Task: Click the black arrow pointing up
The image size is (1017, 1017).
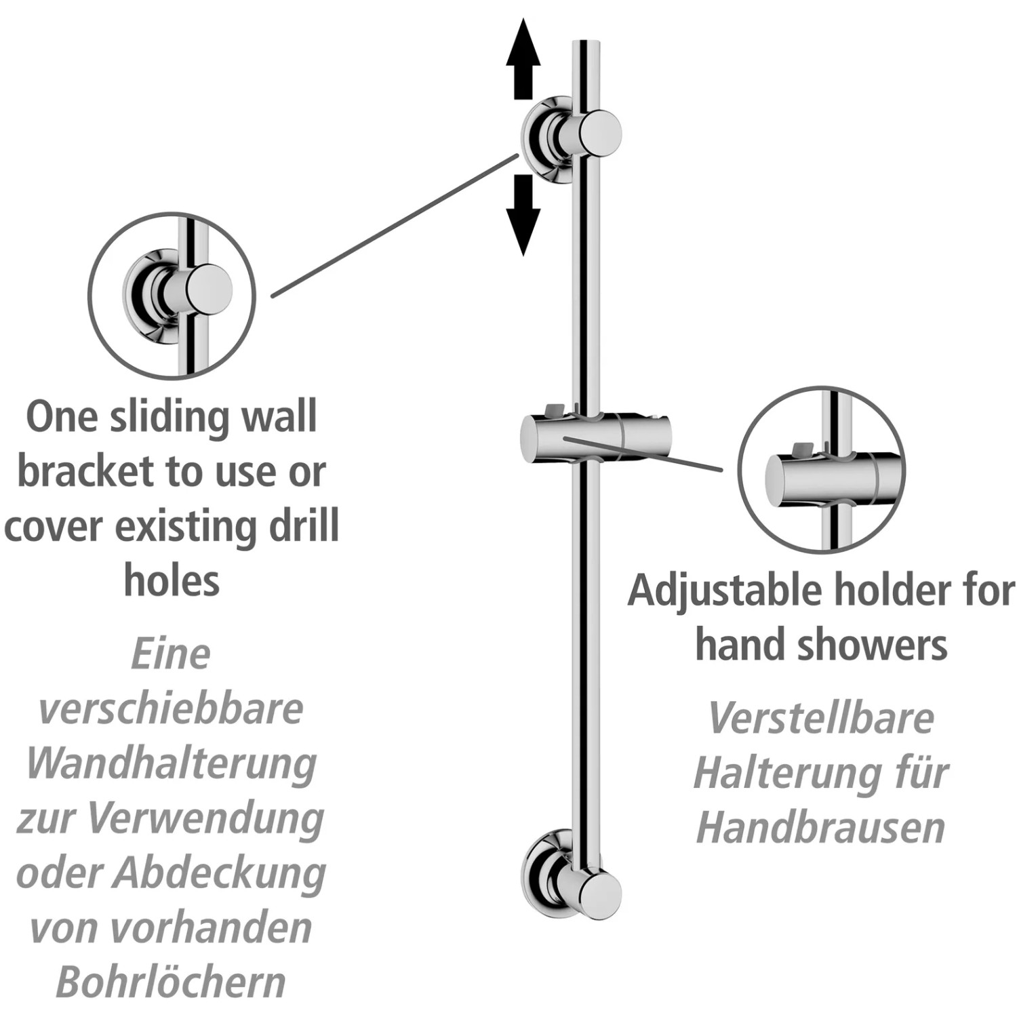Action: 523,59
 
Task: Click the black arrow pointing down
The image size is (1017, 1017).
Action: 523,215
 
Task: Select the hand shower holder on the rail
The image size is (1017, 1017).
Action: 595,439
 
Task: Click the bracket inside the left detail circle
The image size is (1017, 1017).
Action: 178,295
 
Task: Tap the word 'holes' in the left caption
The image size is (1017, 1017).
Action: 172,580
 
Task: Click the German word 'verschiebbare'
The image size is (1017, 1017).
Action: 171,709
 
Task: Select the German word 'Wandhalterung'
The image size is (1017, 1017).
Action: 171,764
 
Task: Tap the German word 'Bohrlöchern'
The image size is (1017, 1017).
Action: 171,982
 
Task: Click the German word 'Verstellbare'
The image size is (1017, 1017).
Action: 821,717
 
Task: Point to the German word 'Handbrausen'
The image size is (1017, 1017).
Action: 821,827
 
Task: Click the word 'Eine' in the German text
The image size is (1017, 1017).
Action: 171,654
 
